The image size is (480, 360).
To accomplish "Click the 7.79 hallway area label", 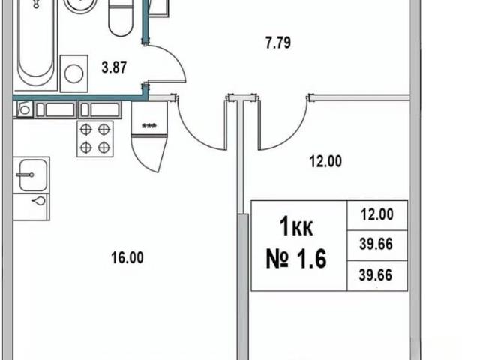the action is pyautogui.click(x=278, y=43).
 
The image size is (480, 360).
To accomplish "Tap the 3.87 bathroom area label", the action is pyautogui.click(x=114, y=67).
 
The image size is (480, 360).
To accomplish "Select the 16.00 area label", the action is pyautogui.click(x=127, y=258).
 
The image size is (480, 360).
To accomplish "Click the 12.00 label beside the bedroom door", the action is pyautogui.click(x=325, y=161).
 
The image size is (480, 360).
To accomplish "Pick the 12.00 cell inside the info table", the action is pyautogui.click(x=377, y=214).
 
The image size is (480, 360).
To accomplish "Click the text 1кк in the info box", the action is pyautogui.click(x=296, y=226).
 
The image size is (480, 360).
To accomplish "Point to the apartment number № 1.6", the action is pyautogui.click(x=296, y=259).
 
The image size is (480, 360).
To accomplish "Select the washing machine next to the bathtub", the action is pyautogui.click(x=74, y=73).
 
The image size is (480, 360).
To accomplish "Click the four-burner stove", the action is pyautogui.click(x=95, y=139).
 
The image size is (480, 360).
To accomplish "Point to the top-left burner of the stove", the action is pyautogui.click(x=86, y=130).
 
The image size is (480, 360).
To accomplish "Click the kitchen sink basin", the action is pyautogui.click(x=33, y=175).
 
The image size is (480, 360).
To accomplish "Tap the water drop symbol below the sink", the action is pyautogui.click(x=39, y=201).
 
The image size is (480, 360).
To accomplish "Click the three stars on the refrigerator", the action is pyautogui.click(x=149, y=125).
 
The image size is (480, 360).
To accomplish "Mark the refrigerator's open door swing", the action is pyautogui.click(x=149, y=154).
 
